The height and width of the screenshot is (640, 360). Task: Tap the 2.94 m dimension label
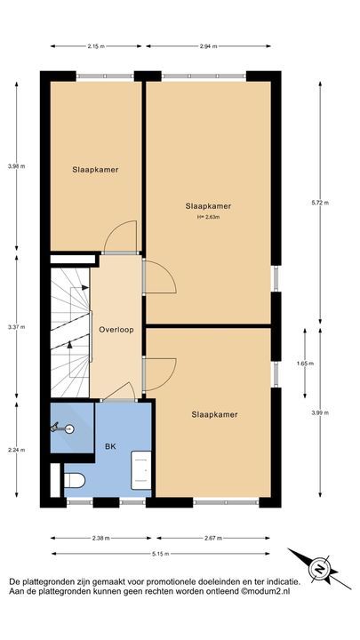pos(207,45)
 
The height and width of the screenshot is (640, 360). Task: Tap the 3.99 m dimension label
pos(326,412)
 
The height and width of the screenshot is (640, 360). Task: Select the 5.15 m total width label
pos(161,554)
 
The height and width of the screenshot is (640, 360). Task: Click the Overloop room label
pos(116,329)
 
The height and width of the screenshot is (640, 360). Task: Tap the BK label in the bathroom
pos(110,447)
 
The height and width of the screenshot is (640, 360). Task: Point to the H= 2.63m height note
pos(208,216)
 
